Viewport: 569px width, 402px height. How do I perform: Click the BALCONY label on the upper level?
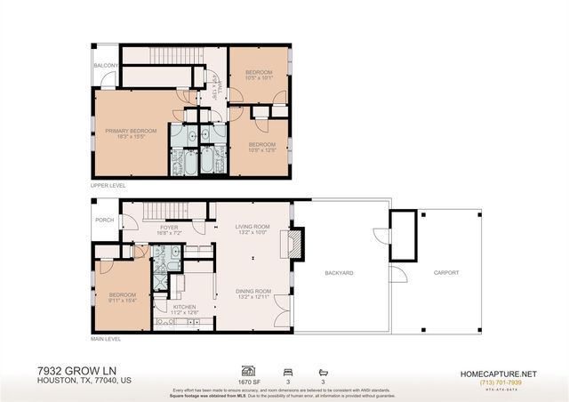point(104,65)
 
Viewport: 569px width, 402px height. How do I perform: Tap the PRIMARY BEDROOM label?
point(131,131)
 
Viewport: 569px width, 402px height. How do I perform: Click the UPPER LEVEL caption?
point(108,186)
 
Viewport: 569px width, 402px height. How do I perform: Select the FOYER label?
point(168,227)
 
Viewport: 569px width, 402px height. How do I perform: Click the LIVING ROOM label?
point(252,227)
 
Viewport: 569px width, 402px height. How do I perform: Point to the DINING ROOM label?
point(252,291)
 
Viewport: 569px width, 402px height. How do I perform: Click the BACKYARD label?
point(339,273)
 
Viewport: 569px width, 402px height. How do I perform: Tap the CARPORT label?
point(446,273)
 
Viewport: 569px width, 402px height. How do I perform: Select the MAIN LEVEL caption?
point(106,339)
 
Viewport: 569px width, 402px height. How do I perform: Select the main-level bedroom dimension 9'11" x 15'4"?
point(122,301)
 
